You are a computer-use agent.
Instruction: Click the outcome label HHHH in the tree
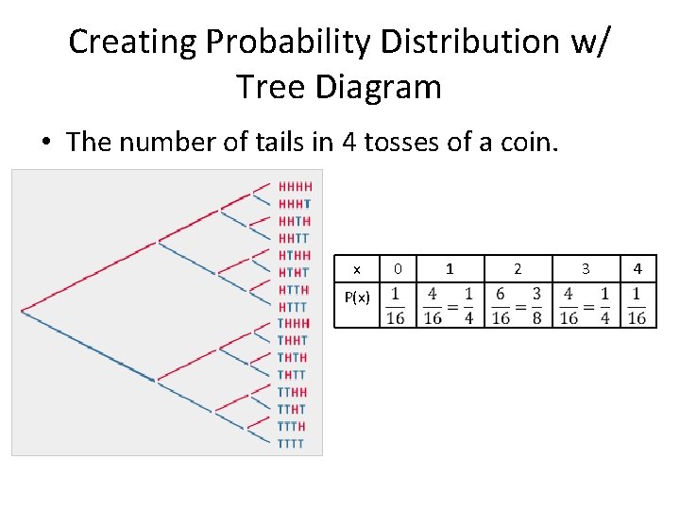click(295, 187)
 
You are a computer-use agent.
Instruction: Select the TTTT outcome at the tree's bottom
click(291, 443)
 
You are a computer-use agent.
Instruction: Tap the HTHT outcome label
click(294, 273)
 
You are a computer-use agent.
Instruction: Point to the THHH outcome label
click(293, 324)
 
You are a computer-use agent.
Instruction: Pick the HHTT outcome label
click(294, 238)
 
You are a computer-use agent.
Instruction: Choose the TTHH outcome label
click(292, 392)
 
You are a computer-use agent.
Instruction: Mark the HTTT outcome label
click(293, 307)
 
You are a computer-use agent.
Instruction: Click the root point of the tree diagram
click(22, 308)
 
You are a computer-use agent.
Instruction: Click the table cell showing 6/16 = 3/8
click(517, 305)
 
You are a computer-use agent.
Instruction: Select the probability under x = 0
click(398, 305)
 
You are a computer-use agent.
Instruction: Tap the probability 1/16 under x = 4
click(637, 305)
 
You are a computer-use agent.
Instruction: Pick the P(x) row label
click(356, 298)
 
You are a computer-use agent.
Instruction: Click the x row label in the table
click(356, 269)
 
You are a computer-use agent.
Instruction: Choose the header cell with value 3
click(585, 269)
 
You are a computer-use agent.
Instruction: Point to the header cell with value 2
click(517, 269)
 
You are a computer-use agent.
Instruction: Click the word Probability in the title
click(289, 42)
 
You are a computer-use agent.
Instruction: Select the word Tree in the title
click(271, 87)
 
